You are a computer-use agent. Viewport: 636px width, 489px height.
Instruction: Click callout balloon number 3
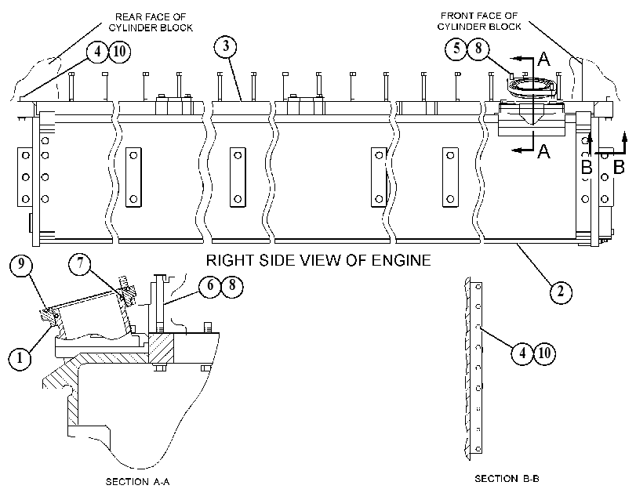[x=226, y=46]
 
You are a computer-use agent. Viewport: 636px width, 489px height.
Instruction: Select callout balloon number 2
[x=561, y=292]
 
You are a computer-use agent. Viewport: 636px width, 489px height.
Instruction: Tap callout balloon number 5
[x=456, y=49]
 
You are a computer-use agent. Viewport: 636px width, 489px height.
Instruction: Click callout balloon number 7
[x=80, y=264]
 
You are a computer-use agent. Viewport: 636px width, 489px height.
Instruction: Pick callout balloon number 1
[x=20, y=358]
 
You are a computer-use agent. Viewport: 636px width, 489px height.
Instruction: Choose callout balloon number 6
[x=210, y=286]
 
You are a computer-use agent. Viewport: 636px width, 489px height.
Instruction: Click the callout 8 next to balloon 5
[x=478, y=49]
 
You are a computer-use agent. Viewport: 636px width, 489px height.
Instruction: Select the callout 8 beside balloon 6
[x=232, y=286]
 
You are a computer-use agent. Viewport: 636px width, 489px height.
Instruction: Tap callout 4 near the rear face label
[x=97, y=53]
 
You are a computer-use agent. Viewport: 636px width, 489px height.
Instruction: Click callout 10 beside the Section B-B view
[x=544, y=353]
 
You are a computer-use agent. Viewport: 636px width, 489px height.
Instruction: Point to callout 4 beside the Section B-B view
[x=522, y=353]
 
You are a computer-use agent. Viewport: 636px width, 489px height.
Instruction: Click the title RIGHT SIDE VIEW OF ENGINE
[x=318, y=260]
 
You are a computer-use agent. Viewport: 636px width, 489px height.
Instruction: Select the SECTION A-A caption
[x=138, y=482]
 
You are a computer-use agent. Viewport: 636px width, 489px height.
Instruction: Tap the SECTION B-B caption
[x=507, y=479]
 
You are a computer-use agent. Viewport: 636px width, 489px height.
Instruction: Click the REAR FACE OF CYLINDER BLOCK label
[x=151, y=22]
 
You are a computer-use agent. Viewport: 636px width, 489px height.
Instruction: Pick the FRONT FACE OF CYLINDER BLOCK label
[x=479, y=21]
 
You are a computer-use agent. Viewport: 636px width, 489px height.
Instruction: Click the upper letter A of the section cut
[x=543, y=60]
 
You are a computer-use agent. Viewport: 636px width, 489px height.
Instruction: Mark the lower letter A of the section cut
[x=543, y=152]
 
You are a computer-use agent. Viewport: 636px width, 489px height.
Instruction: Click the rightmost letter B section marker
[x=619, y=167]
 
